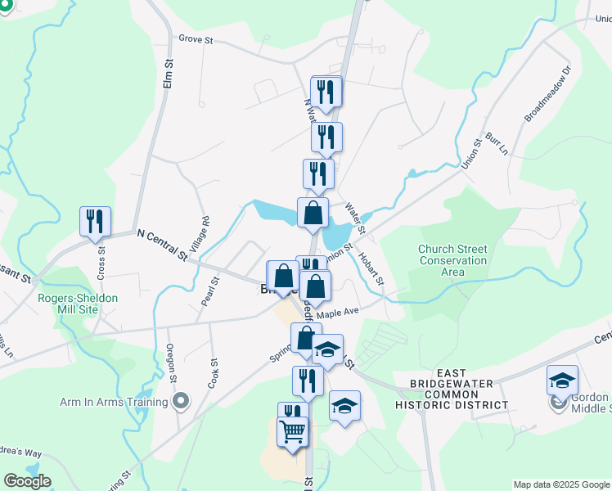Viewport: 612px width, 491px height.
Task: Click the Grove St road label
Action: (x=196, y=38)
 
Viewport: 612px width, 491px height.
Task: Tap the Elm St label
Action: (x=169, y=74)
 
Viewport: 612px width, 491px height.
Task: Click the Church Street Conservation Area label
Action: (x=452, y=260)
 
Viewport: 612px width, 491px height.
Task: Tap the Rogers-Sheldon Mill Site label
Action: (x=79, y=304)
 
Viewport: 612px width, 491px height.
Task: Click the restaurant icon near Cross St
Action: (x=95, y=222)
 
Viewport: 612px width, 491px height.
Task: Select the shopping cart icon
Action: (x=293, y=430)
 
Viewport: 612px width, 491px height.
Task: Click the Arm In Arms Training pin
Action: (x=182, y=402)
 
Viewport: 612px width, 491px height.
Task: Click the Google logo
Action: (x=27, y=481)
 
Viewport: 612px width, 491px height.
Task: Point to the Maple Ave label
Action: (x=338, y=313)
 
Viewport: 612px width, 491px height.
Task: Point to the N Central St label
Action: (x=163, y=244)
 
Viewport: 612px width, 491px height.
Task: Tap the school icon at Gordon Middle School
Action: (x=563, y=381)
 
